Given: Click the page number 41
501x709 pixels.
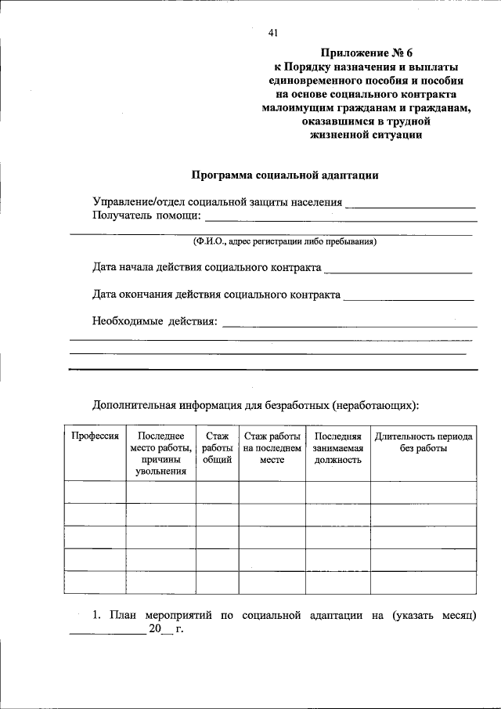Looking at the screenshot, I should pyautogui.click(x=273, y=33).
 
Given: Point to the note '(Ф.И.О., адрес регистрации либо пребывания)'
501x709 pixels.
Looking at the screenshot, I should pyautogui.click(x=286, y=241).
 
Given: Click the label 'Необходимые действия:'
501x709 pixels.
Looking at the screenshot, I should pyautogui.click(x=154, y=321).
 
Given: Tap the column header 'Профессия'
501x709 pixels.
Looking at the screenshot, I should pyautogui.click(x=95, y=436).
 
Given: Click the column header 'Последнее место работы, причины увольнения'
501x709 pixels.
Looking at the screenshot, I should pyautogui.click(x=160, y=453).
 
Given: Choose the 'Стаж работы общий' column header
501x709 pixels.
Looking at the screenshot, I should pyautogui.click(x=217, y=447).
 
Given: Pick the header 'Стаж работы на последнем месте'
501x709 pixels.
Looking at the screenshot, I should pyautogui.click(x=272, y=447).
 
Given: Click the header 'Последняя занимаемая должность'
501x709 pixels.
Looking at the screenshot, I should pyautogui.click(x=337, y=447).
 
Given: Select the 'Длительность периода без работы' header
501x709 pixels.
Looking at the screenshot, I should pyautogui.click(x=424, y=442).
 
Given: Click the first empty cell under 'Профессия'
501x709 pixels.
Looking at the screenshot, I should pyautogui.click(x=95, y=492).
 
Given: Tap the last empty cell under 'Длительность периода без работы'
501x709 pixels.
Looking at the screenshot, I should pyautogui.click(x=424, y=583).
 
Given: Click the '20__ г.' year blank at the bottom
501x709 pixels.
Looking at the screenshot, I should pyautogui.click(x=166, y=631).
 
